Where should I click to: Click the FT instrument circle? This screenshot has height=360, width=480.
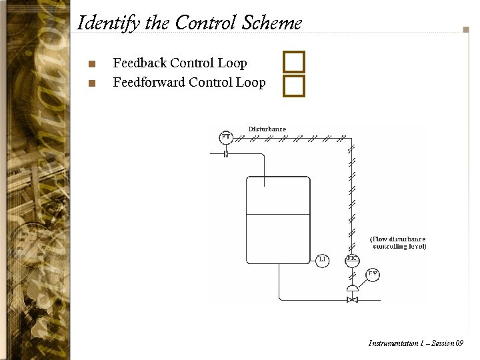(x=226, y=137)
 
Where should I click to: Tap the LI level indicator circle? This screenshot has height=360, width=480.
(x=322, y=259)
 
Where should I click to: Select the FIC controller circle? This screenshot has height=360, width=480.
(x=353, y=259)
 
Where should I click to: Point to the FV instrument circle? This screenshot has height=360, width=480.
(x=373, y=274)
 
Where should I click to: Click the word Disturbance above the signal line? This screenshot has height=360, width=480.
(x=267, y=129)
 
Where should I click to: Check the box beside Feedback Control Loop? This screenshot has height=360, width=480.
(x=293, y=63)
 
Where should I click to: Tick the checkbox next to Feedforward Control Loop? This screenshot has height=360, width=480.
(x=293, y=85)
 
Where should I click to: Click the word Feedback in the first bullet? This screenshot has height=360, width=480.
(x=139, y=63)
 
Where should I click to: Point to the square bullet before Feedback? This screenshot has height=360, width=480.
(x=92, y=65)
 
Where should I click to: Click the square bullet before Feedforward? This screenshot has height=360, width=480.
(x=92, y=84)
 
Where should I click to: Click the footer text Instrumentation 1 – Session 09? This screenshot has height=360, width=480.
(x=415, y=343)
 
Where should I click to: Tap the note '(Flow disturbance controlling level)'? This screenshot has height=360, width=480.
(x=398, y=243)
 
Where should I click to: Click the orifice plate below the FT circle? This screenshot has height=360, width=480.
(x=226, y=154)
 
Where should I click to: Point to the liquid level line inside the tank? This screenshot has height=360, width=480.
(x=278, y=214)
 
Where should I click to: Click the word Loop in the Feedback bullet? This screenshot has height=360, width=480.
(x=232, y=63)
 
